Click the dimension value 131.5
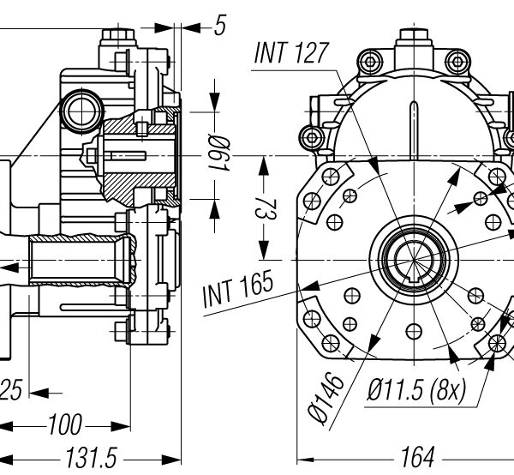click(92, 457)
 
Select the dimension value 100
click(64, 424)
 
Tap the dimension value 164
click(418, 457)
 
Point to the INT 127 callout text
click(291, 52)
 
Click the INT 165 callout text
click(238, 289)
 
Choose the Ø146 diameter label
click(326, 398)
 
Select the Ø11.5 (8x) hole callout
click(416, 390)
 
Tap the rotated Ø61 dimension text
click(219, 153)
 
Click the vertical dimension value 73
click(266, 209)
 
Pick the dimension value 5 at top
click(220, 25)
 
